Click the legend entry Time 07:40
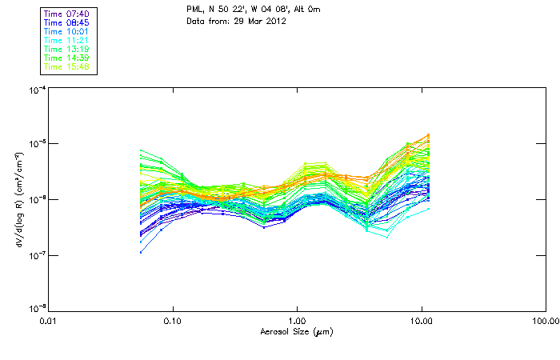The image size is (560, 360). pyautogui.click(x=67, y=14)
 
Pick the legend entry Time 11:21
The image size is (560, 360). pyautogui.click(x=67, y=40)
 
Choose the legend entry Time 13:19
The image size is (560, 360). pyautogui.click(x=67, y=49)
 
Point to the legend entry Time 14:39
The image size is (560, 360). pyautogui.click(x=67, y=58)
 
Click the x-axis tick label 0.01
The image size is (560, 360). pyautogui.click(x=48, y=322)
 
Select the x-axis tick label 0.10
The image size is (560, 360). pyautogui.click(x=172, y=322)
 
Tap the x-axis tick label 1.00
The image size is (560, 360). pyautogui.click(x=297, y=322)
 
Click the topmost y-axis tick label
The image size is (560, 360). pyautogui.click(x=36, y=90)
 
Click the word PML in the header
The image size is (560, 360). pyautogui.click(x=194, y=9)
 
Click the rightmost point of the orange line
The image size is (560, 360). pyautogui.click(x=429, y=135)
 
